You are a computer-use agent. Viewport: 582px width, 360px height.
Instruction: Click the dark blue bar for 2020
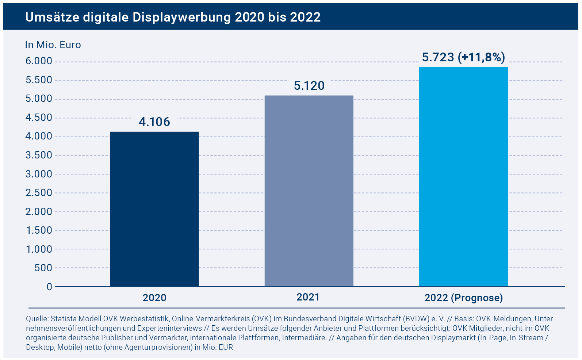click(154, 209)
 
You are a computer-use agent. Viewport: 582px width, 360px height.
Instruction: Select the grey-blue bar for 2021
click(309, 191)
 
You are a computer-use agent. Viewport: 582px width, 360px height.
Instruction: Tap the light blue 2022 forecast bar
click(463, 176)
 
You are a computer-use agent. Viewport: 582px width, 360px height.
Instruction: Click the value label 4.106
click(154, 122)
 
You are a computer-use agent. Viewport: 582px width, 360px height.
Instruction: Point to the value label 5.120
click(309, 85)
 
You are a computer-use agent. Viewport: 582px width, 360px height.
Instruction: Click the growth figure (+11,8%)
click(482, 57)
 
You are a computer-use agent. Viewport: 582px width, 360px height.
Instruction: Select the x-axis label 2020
click(154, 298)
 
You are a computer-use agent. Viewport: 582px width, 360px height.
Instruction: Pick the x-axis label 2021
click(308, 297)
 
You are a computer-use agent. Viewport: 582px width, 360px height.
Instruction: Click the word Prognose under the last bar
click(477, 298)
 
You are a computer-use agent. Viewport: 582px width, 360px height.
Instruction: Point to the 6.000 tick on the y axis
click(39, 61)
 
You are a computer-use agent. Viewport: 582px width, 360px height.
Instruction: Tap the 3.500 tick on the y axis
click(39, 155)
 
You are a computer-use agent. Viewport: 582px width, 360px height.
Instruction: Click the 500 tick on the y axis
click(43, 268)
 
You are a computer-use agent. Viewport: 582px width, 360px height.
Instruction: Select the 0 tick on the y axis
click(49, 287)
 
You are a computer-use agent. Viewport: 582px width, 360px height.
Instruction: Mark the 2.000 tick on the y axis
click(39, 211)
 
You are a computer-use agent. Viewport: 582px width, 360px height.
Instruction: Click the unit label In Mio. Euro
click(53, 45)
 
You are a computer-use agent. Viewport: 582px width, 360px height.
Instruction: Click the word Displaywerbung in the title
click(181, 17)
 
